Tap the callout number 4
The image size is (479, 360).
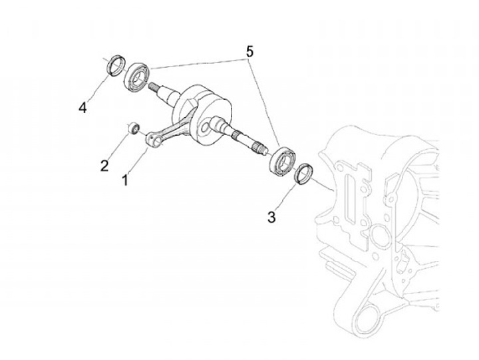[x=82, y=107]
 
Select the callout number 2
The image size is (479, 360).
[x=104, y=166]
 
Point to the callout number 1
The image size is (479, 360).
[x=124, y=179]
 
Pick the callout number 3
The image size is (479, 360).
[x=271, y=217]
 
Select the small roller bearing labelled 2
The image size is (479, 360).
[x=134, y=126]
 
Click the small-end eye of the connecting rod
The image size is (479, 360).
[x=154, y=139]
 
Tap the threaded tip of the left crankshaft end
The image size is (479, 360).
[x=155, y=87]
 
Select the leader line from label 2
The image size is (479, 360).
[x=118, y=145]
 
